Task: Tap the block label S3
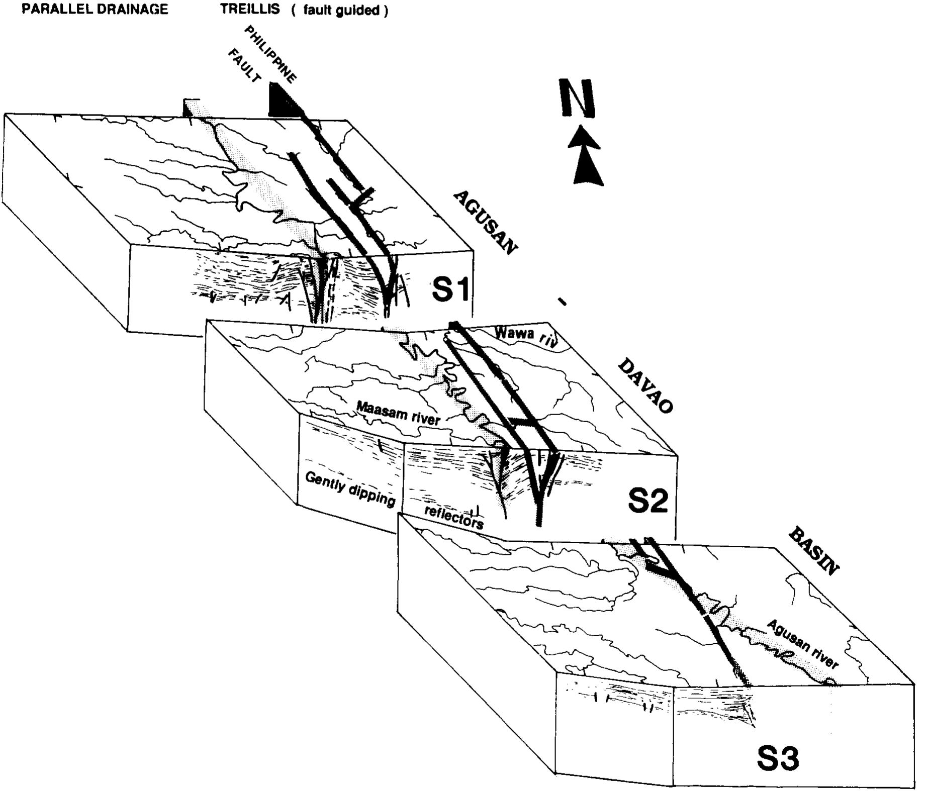777,758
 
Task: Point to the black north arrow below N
586,155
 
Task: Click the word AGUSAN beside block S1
485,223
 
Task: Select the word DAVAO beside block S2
644,385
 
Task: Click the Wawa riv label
526,337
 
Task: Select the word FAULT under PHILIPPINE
245,66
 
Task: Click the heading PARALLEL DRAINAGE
95,10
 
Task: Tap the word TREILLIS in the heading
250,10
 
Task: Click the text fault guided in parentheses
340,11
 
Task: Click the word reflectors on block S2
454,518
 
